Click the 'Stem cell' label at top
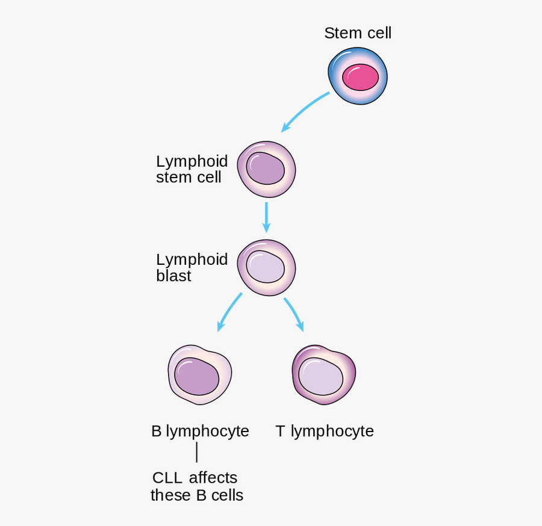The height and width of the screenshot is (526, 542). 358,33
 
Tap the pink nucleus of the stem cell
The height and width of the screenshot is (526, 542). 360,78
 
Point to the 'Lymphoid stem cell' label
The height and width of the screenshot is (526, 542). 192,169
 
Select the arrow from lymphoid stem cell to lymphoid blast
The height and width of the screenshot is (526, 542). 266,217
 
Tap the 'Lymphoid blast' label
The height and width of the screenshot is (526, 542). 192,267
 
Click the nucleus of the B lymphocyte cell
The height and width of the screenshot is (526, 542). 198,376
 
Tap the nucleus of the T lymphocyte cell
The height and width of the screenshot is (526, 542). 321,377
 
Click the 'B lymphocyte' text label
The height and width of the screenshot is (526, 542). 200,431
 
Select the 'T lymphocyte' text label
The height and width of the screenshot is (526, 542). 325,431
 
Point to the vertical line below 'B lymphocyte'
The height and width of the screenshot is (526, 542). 197,453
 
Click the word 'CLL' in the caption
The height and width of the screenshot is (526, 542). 167,478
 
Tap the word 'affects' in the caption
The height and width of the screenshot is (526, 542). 213,478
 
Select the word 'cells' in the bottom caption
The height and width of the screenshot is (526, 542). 228,495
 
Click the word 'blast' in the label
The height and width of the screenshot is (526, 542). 173,276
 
